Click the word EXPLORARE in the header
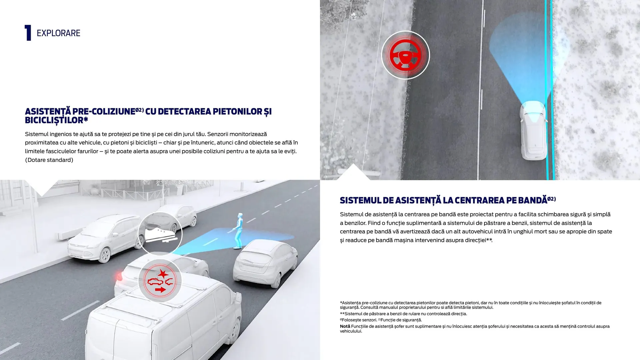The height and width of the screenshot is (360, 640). (58, 33)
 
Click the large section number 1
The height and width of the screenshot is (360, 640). (28, 33)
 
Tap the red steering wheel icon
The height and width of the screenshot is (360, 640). (405, 55)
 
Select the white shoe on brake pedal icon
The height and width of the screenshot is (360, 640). (160, 234)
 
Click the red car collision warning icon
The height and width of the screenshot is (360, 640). (160, 281)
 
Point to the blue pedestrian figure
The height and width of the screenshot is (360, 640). (238, 231)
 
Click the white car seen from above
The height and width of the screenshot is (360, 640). (533, 131)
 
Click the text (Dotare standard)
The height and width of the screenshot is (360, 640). (49, 160)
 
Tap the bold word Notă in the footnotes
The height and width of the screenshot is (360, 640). (345, 326)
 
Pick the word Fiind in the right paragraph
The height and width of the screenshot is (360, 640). (374, 223)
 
